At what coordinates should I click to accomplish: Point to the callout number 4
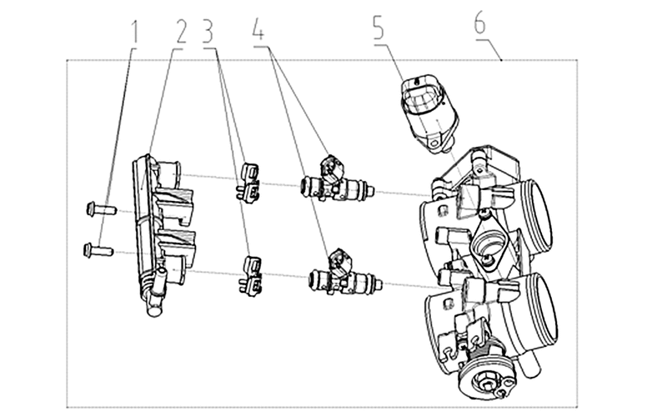tap(258, 28)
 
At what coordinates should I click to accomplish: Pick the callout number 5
tap(379, 28)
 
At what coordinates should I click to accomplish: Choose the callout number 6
tap(480, 23)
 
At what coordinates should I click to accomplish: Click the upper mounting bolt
tap(101, 209)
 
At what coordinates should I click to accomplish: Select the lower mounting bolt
tap(98, 250)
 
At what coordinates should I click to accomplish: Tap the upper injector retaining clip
tap(248, 182)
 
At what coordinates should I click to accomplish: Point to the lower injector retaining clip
tap(250, 276)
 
